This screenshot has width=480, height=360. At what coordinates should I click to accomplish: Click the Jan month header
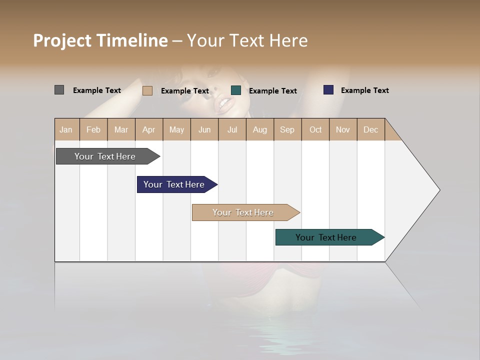pyautogui.click(x=66, y=129)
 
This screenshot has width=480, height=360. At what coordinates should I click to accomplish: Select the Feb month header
pyautogui.click(x=93, y=129)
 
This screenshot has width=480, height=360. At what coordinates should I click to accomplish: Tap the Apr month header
pyautogui.click(x=149, y=129)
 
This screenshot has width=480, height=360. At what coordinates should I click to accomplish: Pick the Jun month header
pyautogui.click(x=204, y=129)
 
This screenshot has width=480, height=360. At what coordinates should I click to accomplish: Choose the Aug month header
pyautogui.click(x=260, y=129)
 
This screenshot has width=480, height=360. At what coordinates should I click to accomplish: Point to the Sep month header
pyautogui.click(x=287, y=129)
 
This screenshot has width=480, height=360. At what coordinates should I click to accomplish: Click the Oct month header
pyautogui.click(x=315, y=129)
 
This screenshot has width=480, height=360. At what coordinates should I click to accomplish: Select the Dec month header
pyautogui.click(x=371, y=129)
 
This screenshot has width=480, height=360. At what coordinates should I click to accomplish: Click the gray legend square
pyautogui.click(x=59, y=90)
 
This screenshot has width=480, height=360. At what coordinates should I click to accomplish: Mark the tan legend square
pyautogui.click(x=147, y=90)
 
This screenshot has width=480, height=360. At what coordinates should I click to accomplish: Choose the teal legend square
pyautogui.click(x=236, y=90)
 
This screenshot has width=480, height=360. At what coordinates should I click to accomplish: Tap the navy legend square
pyautogui.click(x=328, y=90)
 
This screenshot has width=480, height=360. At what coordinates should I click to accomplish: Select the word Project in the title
pyautogui.click(x=62, y=40)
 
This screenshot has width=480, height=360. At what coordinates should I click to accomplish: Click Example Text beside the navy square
pyautogui.click(x=364, y=90)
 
